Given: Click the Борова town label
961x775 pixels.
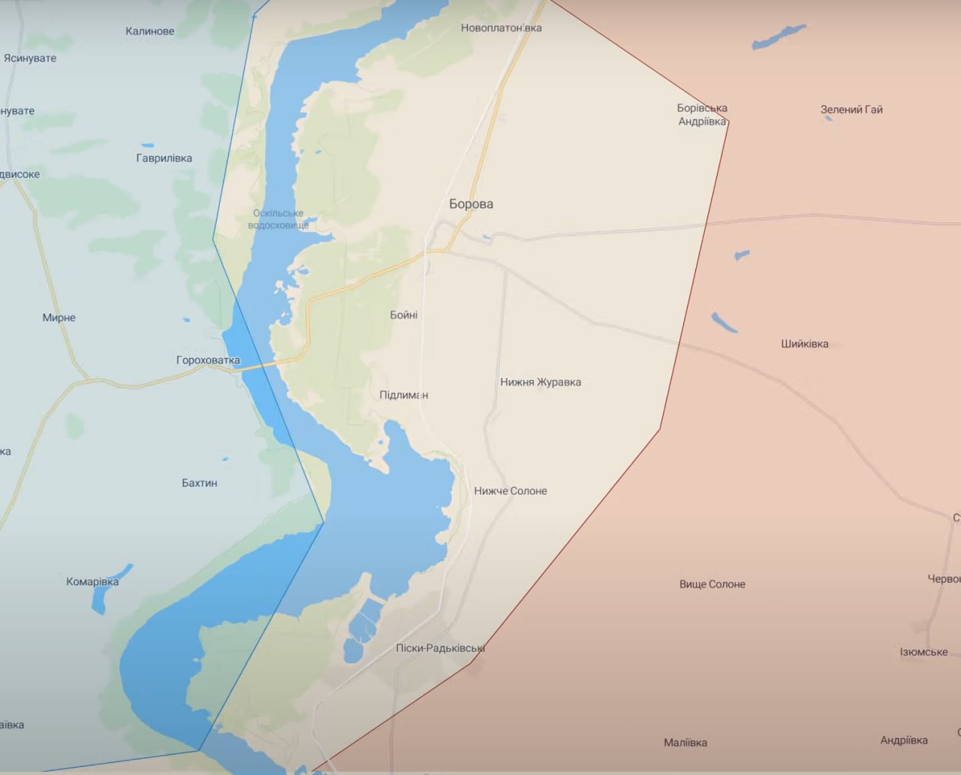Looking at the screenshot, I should click(x=471, y=204).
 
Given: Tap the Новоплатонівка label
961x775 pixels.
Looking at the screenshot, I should click(x=501, y=28).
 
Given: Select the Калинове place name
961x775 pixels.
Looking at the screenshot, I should click(x=149, y=31).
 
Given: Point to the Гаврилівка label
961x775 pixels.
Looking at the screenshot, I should click(x=164, y=158).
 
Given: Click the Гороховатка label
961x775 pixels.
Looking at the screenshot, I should click(x=208, y=360).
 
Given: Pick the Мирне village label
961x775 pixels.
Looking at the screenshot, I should click(x=59, y=318).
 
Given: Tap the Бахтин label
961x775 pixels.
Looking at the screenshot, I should click(x=199, y=483).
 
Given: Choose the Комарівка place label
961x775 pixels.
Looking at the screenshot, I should click(x=92, y=581).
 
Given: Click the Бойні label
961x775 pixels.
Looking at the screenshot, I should click(x=403, y=315).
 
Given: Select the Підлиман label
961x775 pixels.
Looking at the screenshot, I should click(x=403, y=395).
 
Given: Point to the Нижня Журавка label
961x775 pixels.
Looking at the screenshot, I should click(x=540, y=382).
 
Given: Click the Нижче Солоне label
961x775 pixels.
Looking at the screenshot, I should click(x=510, y=491).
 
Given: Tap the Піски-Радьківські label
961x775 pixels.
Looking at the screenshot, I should click(x=440, y=648).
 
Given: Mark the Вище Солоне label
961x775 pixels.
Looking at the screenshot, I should click(x=712, y=584).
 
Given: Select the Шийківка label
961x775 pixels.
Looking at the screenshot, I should click(x=804, y=344).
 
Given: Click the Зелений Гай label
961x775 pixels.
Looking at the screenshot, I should click(x=851, y=110).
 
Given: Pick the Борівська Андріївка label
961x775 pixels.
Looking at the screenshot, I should click(x=702, y=114).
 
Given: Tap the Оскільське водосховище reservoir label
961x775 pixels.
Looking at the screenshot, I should click(x=278, y=219).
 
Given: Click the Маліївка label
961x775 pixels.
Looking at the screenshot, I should click(x=685, y=743).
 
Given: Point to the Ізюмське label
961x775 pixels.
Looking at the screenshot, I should click(x=923, y=652).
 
